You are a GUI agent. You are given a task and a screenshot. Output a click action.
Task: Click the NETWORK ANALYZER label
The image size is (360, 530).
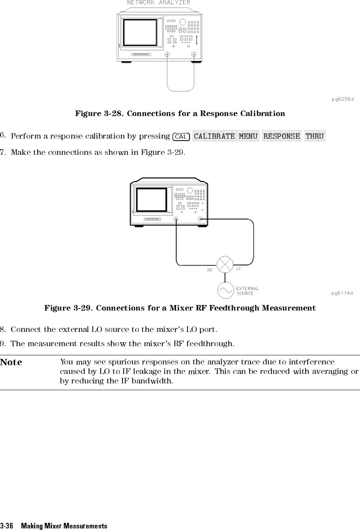159,3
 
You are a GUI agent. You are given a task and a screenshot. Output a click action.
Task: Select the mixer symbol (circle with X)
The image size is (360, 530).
225,264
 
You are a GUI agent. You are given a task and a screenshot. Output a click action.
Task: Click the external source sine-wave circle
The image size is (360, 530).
225,291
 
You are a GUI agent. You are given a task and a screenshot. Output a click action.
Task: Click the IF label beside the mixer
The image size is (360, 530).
239,269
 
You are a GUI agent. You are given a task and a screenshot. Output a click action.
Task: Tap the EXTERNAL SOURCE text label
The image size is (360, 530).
247,291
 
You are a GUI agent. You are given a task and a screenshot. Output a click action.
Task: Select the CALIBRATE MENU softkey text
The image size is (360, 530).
226,136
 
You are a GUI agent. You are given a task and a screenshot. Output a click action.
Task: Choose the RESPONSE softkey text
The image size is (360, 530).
281,136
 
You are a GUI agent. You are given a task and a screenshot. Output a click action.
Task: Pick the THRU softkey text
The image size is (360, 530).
315,136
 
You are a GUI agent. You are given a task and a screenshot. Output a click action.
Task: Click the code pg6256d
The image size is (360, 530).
343,99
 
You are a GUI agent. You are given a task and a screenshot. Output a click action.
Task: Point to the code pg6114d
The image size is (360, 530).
342,293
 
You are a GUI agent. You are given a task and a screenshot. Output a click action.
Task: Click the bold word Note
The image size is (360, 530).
11,362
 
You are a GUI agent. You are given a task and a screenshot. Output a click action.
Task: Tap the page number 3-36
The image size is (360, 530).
7,526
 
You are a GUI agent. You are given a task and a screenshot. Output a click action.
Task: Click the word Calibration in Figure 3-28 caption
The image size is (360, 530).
262,114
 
